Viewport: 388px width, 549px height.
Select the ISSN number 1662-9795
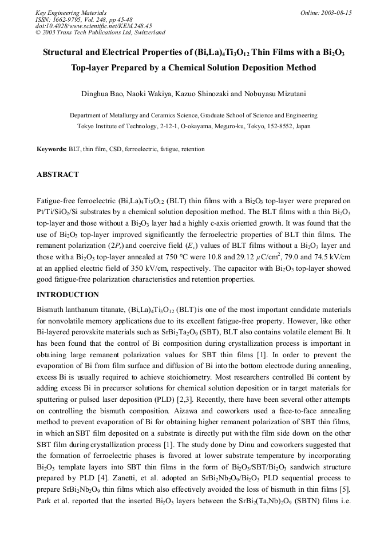tap(73, 19)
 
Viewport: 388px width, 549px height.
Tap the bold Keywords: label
tap(52, 149)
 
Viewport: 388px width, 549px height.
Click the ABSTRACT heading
tap(58, 175)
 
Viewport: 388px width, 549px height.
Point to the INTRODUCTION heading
tap(68, 295)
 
